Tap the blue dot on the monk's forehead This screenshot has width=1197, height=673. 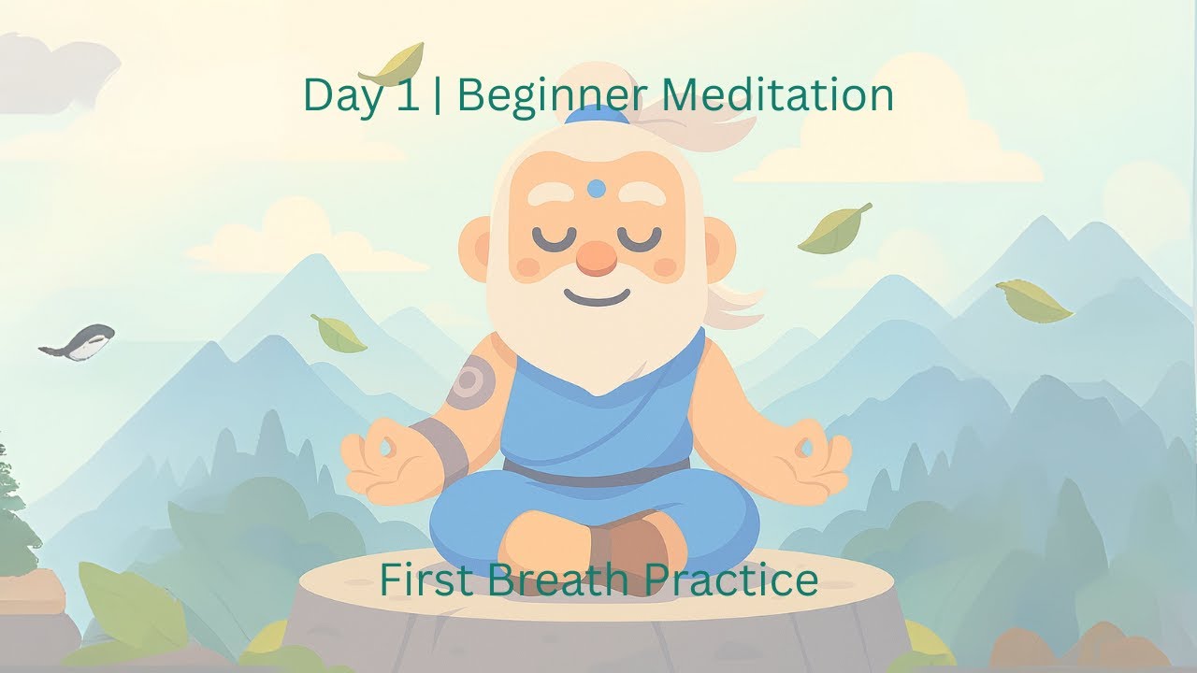(x=596, y=189)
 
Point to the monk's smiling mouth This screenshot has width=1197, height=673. (x=596, y=297)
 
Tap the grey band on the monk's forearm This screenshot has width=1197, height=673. (x=440, y=448)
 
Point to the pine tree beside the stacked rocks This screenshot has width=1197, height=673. (x=13, y=505)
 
